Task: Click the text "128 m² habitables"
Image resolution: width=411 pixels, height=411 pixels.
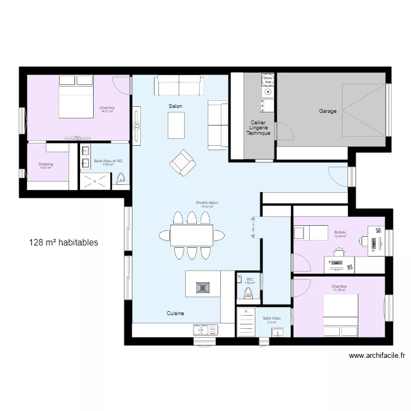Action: pos(64,242)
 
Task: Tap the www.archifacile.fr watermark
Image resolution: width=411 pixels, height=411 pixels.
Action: pos(377,356)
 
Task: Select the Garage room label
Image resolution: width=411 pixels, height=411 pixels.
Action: pos(328,111)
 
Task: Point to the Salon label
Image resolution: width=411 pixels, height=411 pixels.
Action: pos(175,106)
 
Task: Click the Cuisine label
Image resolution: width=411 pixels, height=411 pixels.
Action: pos(175,313)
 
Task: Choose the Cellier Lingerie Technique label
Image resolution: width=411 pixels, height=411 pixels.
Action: pos(258,128)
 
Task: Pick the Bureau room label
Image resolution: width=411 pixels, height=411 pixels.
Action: pos(341,232)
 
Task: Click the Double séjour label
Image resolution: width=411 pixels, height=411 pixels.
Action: pos(207,203)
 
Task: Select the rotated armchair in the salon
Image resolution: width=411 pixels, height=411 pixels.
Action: pos(182,162)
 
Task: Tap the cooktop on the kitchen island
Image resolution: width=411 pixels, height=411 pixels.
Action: pos(203,286)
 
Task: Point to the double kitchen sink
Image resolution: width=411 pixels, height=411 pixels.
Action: pos(205,329)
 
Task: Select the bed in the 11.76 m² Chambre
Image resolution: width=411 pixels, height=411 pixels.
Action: pos(340,315)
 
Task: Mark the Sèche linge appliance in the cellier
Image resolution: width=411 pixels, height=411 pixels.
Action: pos(267,80)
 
